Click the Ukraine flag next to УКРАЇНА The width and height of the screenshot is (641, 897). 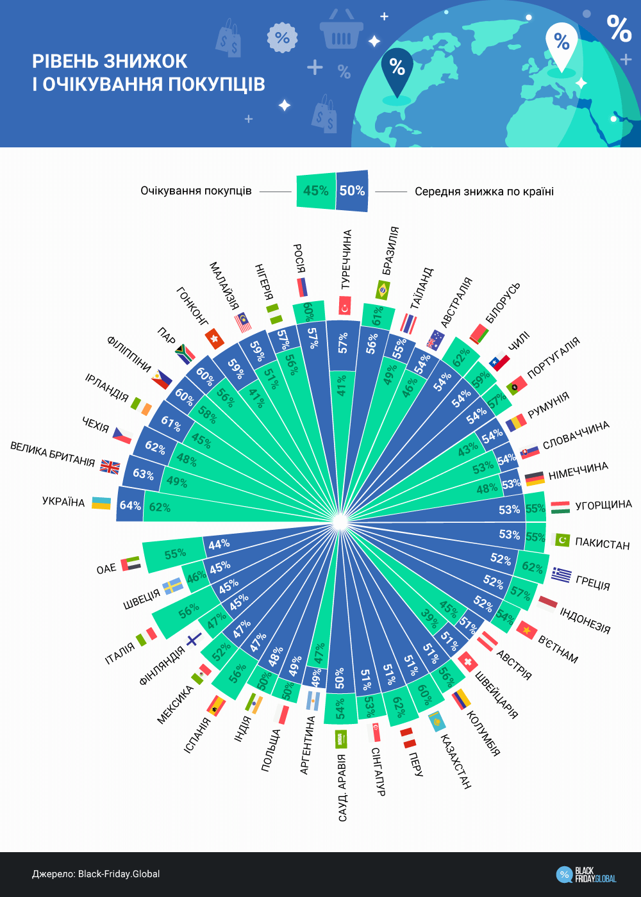101,503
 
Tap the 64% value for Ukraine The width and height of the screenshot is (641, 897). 130,506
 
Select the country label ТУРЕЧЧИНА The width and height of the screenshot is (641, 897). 346,259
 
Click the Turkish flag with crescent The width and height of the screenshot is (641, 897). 345,306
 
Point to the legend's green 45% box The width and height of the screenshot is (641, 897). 315,191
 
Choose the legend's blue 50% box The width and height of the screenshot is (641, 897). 352,191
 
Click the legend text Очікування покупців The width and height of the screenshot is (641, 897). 196,191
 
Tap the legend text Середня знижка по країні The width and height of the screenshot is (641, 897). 484,192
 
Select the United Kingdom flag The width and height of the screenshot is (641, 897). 110,467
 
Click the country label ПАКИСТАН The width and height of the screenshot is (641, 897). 603,544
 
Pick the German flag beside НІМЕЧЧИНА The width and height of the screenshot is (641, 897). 535,478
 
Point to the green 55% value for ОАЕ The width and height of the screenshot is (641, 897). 175,554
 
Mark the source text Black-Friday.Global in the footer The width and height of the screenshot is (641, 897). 119,874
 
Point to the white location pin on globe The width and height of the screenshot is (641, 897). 562,46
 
